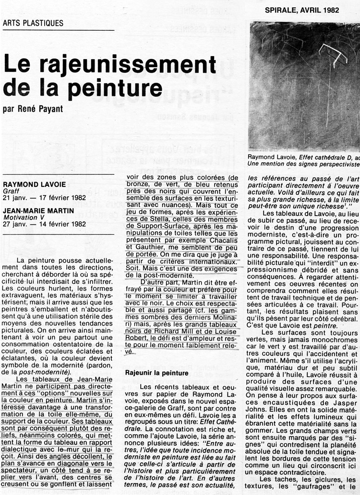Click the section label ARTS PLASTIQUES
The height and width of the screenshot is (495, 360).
pyautogui.click(x=33, y=23)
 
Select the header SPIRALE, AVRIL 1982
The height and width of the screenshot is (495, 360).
pyautogui.click(x=302, y=10)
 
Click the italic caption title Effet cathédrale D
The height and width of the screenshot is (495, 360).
pyautogui.click(x=321, y=157)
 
